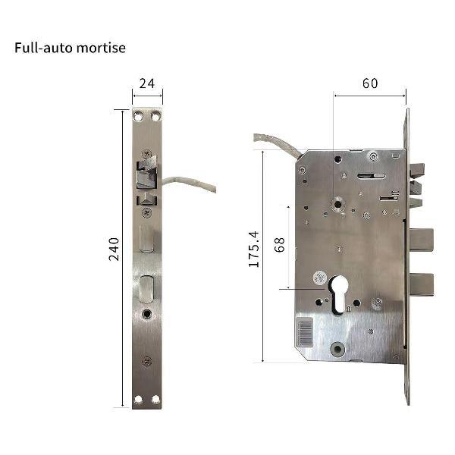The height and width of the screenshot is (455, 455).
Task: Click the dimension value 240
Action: pos(114,249)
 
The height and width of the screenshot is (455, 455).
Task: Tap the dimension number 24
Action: pos(147,83)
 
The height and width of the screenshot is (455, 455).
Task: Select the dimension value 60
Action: pos(370,83)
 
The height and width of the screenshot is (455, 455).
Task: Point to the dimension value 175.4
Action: pos(253,249)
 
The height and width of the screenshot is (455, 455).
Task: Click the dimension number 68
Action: pos(279,245)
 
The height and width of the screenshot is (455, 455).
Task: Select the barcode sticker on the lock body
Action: pos(304,332)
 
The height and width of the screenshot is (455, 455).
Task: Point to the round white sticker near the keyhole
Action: pos(320,278)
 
